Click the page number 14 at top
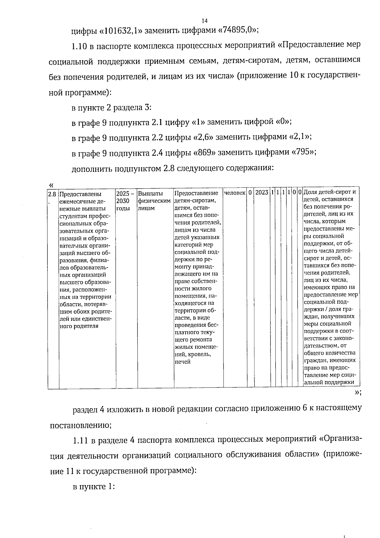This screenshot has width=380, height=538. (204, 21)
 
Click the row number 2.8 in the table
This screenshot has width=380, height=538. (53, 193)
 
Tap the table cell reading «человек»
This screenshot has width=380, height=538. (235, 193)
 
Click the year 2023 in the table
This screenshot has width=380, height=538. (262, 193)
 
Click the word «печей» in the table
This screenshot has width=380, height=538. (183, 362)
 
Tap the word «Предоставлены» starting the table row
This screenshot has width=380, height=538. (80, 194)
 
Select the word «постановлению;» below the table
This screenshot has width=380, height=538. (81, 425)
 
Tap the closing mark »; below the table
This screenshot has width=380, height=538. (358, 393)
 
